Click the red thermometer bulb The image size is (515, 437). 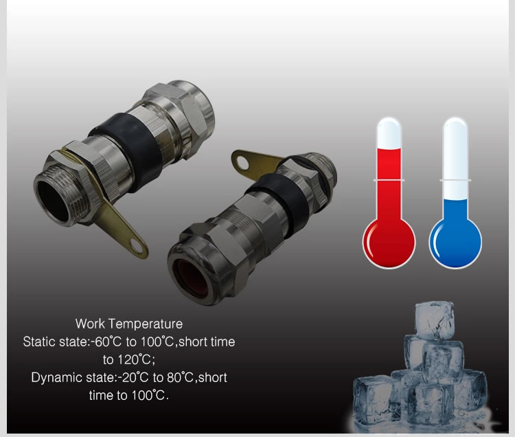(x=389, y=243)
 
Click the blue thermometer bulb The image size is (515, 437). (x=455, y=243)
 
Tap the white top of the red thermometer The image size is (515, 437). (x=389, y=133)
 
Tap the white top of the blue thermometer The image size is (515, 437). (x=455, y=158)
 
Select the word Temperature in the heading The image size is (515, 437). (x=146, y=324)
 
